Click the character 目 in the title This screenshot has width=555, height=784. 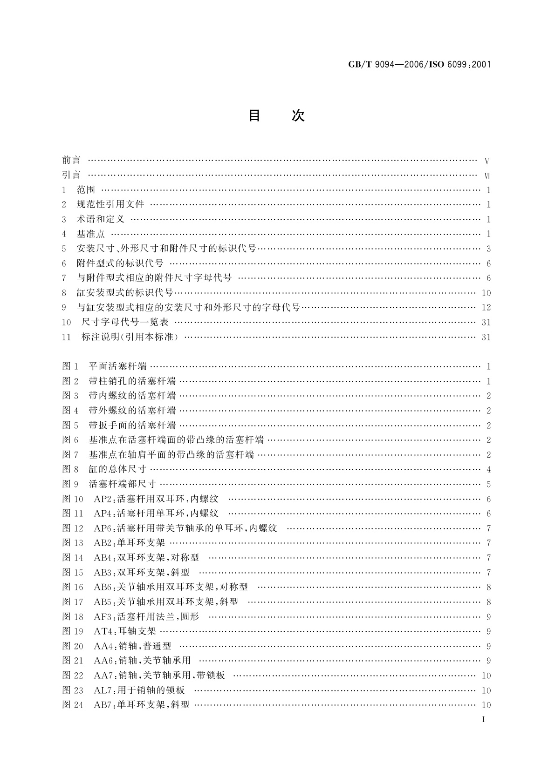[254, 115]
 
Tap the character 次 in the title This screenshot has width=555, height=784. [298, 115]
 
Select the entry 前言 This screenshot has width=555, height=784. [71, 160]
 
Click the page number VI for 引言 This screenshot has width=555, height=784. [487, 176]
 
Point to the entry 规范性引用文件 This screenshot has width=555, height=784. [110, 204]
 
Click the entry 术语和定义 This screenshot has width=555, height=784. [100, 219]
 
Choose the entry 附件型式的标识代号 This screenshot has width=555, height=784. [120, 264]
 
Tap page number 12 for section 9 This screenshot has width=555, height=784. [486, 307]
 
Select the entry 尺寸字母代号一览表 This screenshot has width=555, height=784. [125, 322]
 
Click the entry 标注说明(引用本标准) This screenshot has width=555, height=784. [130, 337]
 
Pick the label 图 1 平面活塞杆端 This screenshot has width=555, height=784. [104, 366]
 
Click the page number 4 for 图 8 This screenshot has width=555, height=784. [488, 470]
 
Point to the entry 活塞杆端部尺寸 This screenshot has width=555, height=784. [122, 484]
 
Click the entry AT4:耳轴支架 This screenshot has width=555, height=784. [125, 632]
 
